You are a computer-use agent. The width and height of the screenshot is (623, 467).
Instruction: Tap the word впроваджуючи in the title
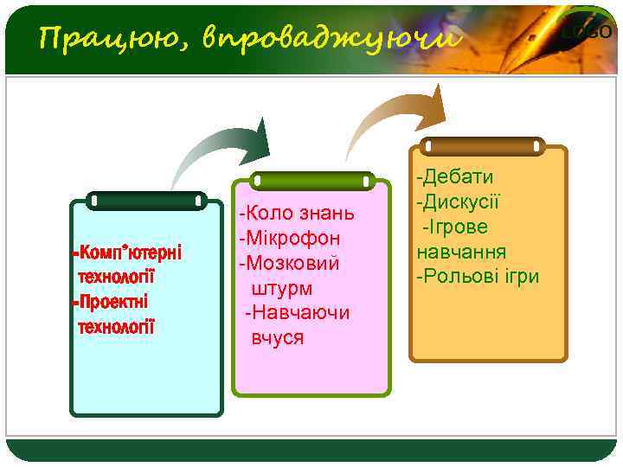click(330, 39)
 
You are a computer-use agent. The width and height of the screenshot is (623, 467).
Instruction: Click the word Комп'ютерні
click(129, 253)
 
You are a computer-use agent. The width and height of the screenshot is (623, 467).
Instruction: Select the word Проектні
click(112, 303)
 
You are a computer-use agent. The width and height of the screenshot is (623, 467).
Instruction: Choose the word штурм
click(282, 288)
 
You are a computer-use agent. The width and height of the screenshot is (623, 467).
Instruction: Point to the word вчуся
click(278, 337)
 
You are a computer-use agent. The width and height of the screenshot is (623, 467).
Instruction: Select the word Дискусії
click(461, 202)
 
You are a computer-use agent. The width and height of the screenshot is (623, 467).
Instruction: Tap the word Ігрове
click(458, 227)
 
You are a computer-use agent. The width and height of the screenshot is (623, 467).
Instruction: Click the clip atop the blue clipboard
click(147, 201)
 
